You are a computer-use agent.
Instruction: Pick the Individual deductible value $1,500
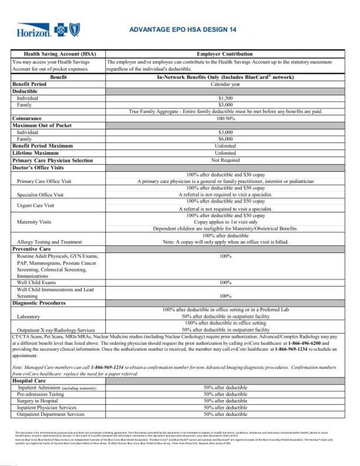[x=225, y=98]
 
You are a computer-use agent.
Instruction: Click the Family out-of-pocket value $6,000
[x=225, y=139]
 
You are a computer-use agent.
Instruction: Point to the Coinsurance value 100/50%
[x=225, y=118]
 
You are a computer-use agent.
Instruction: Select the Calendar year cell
[x=225, y=84]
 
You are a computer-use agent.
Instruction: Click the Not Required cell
[x=225, y=160]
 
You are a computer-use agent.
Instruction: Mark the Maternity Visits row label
[x=37, y=222]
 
